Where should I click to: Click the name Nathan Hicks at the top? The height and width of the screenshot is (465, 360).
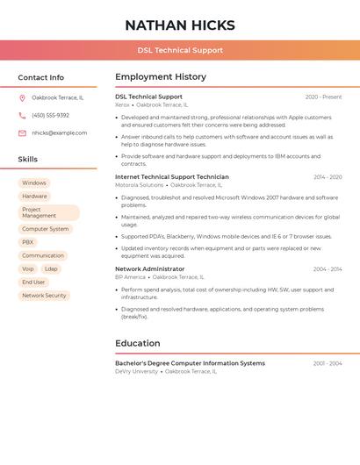(x=180, y=25)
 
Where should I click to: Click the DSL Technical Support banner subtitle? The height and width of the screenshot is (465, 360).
(x=180, y=51)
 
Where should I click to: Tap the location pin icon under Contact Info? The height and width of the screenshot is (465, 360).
(x=22, y=97)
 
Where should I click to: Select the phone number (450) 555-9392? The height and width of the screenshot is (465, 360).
(x=50, y=115)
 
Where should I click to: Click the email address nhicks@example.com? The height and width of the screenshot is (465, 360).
(x=59, y=132)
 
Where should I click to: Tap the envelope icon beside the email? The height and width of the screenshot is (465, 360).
(x=22, y=132)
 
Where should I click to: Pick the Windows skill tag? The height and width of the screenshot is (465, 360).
(x=34, y=183)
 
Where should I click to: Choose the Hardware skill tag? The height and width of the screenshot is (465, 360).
(x=34, y=197)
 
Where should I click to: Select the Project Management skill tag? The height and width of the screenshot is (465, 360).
(x=48, y=212)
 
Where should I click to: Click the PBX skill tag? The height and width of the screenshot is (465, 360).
(x=28, y=242)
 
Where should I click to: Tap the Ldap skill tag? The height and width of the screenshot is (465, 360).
(x=51, y=268)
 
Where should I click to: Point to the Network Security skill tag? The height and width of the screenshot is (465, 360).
(x=44, y=296)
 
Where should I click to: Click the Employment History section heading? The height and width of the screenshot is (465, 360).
(x=161, y=76)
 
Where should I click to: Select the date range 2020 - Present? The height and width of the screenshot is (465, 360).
(x=323, y=97)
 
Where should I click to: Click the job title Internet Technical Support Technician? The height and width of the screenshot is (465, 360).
(x=172, y=176)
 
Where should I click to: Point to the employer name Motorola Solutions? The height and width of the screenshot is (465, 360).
(x=139, y=185)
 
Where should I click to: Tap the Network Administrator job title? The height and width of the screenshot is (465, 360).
(x=150, y=268)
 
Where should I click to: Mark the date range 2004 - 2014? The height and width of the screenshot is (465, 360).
(x=328, y=268)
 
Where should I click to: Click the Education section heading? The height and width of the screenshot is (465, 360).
(x=138, y=343)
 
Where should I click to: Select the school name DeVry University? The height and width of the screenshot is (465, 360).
(x=136, y=371)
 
